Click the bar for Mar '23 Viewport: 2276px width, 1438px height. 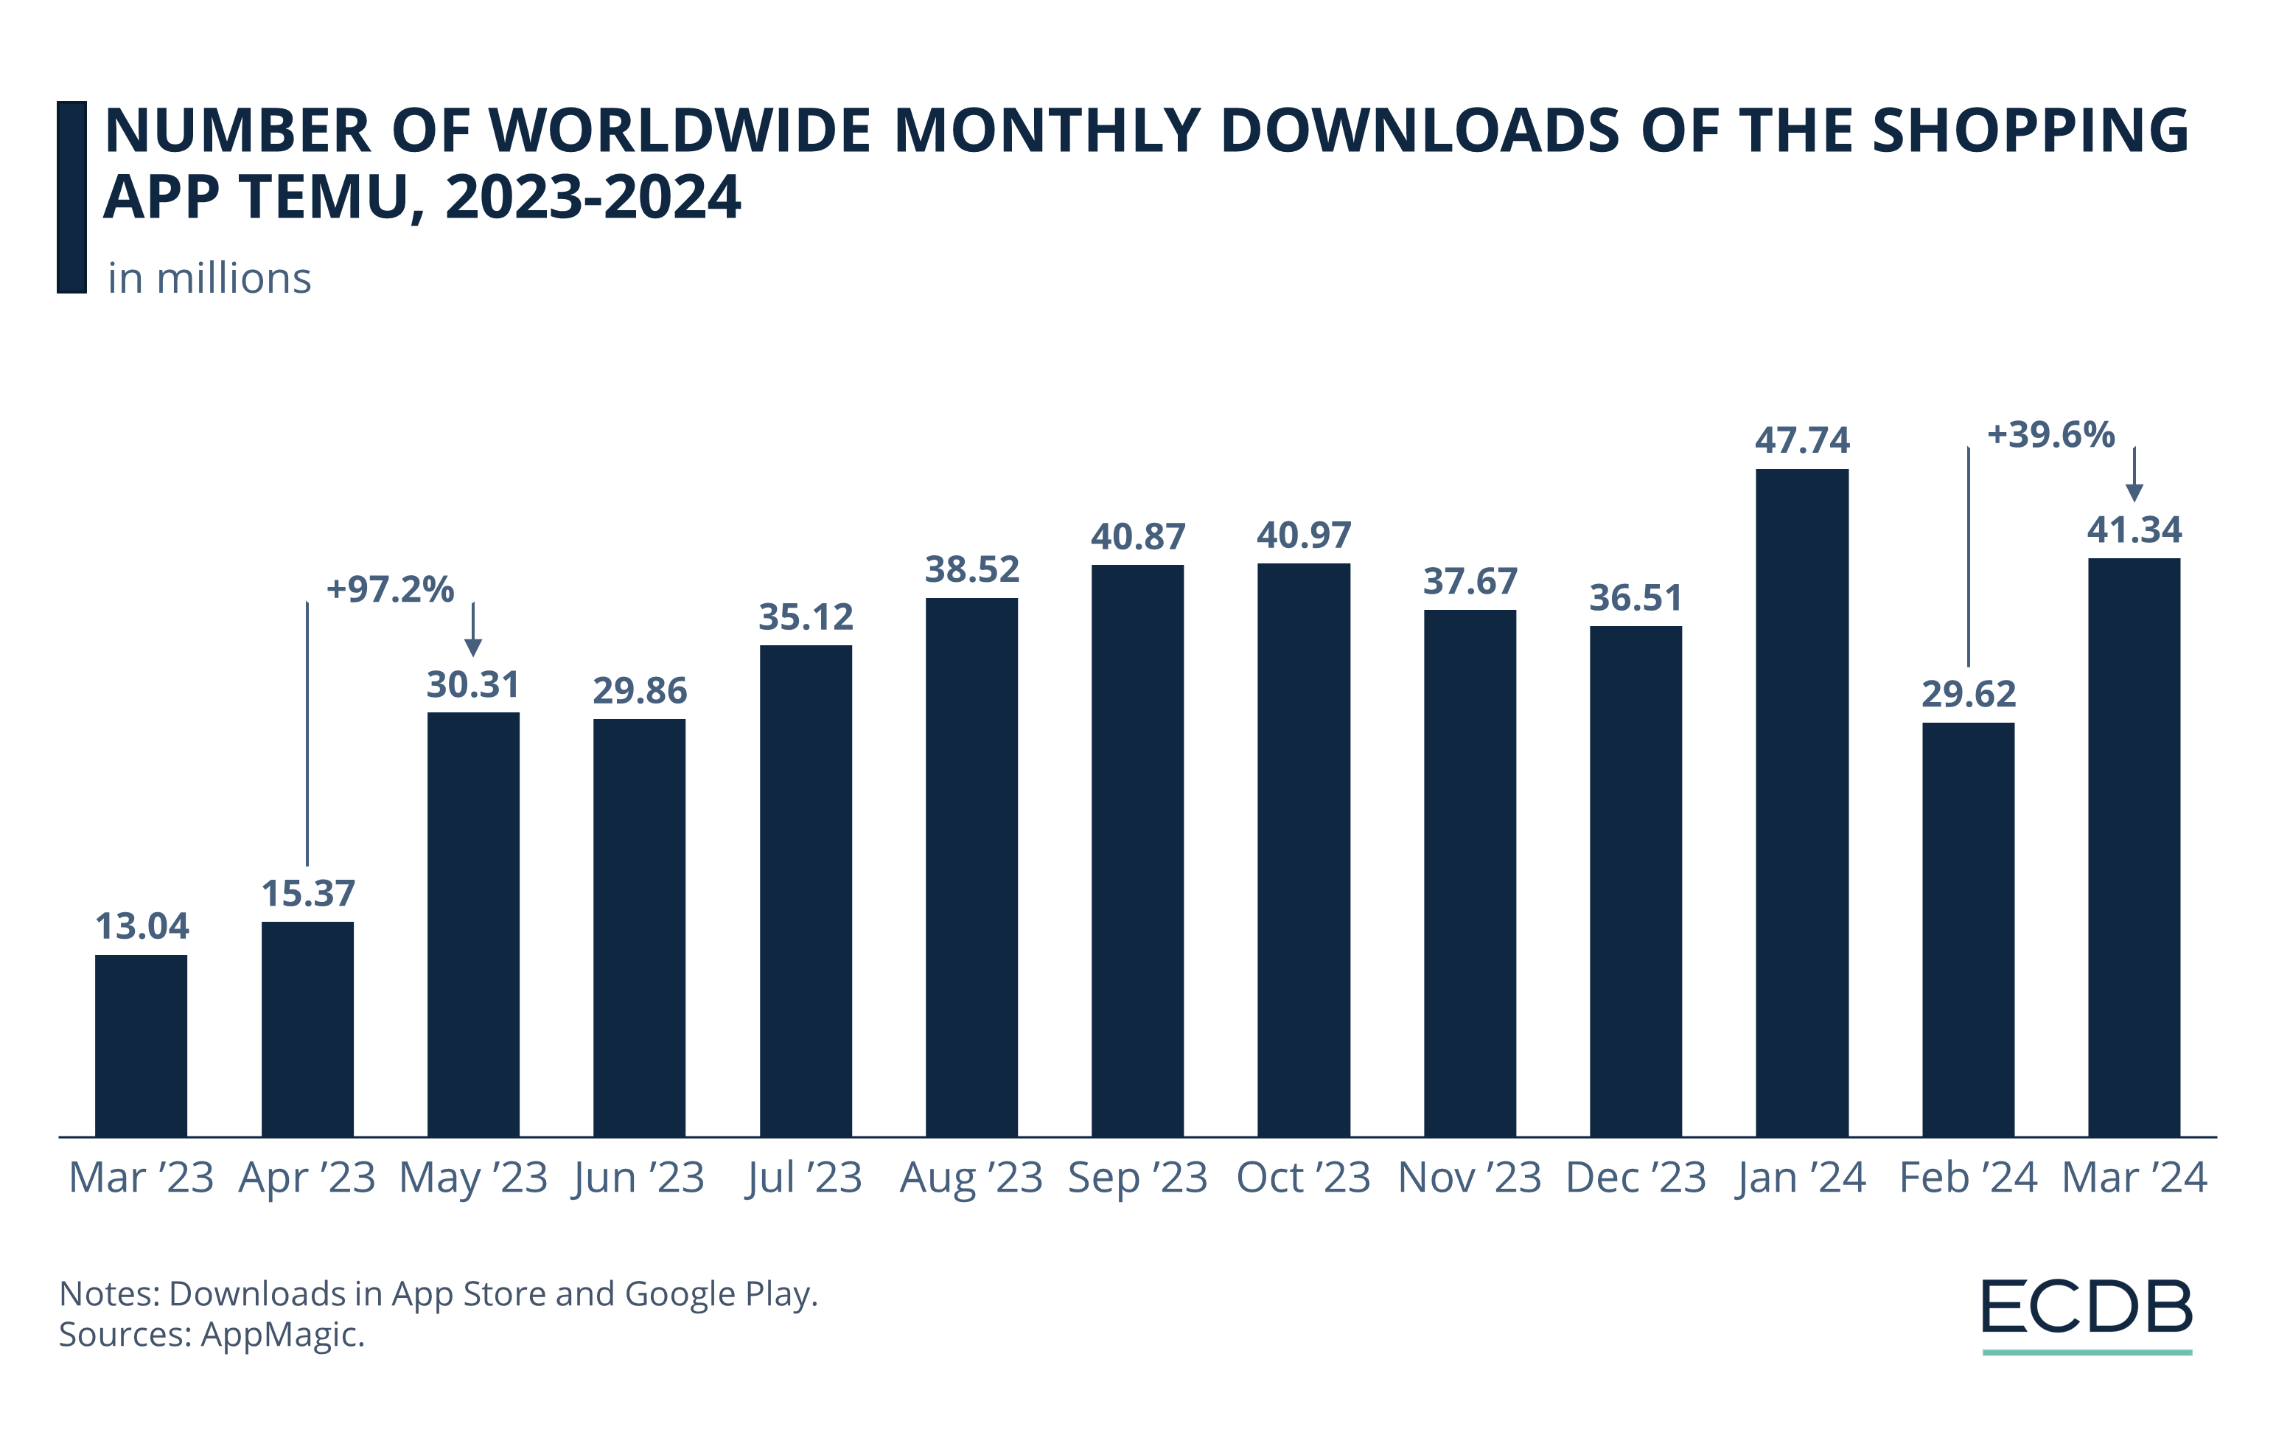coord(141,1045)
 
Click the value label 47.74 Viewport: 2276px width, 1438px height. coord(1801,440)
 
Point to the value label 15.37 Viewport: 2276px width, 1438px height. coord(308,894)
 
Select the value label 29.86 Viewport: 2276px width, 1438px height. coord(639,691)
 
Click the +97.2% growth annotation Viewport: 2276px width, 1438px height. coord(389,590)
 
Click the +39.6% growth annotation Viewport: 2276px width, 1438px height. coord(2050,435)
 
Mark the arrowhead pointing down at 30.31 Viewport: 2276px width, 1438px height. coord(473,647)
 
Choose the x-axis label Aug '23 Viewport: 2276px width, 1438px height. coord(971,1178)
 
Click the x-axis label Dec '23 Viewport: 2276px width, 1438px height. coord(1636,1178)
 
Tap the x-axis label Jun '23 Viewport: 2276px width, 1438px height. coord(639,1178)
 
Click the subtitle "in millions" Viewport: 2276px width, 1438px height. coord(209,279)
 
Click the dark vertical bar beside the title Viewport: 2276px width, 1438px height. coord(71,197)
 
